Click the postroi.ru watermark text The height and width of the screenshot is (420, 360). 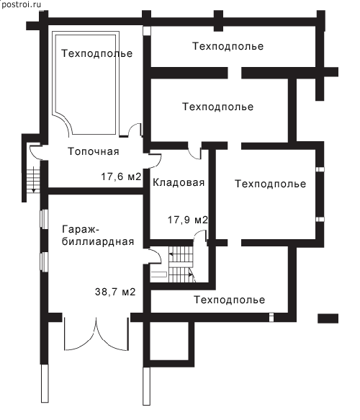click(21, 4)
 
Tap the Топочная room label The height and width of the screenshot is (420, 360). click(93, 151)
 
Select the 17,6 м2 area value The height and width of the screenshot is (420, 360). click(121, 177)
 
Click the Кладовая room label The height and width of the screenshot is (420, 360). click(179, 183)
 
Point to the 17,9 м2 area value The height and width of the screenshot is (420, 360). click(188, 220)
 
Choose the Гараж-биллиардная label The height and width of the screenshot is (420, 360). click(98, 236)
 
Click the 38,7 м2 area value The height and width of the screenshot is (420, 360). click(115, 292)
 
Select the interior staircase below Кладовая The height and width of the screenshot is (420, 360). click(181, 264)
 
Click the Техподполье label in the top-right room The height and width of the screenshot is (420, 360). click(228, 46)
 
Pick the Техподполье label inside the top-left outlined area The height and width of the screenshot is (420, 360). click(97, 53)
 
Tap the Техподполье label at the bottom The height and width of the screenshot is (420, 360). click(230, 300)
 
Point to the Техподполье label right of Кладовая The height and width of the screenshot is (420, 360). click(270, 184)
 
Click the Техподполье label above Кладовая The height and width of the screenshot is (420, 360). click(218, 107)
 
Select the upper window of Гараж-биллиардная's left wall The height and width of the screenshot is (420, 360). click(44, 219)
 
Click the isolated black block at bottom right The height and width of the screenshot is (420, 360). click(328, 318)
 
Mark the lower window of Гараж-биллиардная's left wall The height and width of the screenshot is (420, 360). click(44, 262)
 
